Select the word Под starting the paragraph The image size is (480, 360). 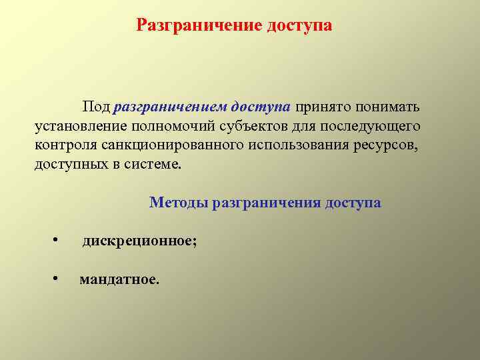96,107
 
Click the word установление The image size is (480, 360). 79,127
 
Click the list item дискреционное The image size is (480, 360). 139,241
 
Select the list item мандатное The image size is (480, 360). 119,279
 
